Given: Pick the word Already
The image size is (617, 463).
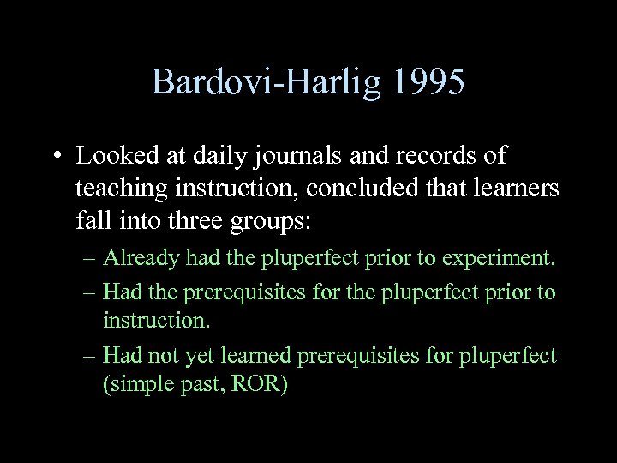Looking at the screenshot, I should tap(135, 257).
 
